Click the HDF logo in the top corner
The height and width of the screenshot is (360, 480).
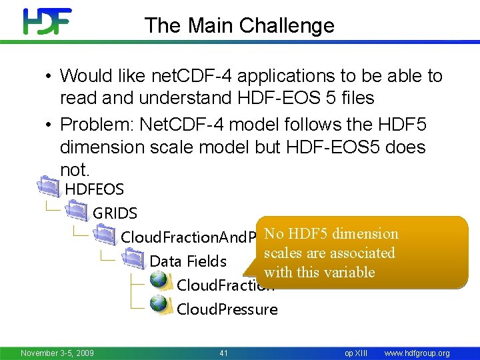tap(47, 21)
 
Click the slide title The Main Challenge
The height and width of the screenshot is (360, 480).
tap(239, 25)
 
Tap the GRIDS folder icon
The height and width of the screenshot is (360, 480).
tap(77, 212)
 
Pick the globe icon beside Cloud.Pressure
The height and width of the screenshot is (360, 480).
tap(160, 305)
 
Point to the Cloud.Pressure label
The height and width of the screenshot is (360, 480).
tap(227, 309)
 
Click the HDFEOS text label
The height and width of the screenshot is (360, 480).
tap(94, 189)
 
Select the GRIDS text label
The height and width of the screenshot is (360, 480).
tap(115, 213)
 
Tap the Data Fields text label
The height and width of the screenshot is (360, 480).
tap(188, 261)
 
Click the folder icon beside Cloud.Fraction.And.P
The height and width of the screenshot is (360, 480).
tap(105, 235)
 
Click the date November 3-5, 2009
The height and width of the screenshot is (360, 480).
tap(57, 353)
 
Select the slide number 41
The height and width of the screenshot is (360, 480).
tap(223, 353)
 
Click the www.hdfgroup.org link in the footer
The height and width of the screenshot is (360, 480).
tap(417, 353)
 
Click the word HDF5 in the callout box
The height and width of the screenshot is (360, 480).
tap(309, 234)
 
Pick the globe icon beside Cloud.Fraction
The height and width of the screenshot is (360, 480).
tap(160, 281)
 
